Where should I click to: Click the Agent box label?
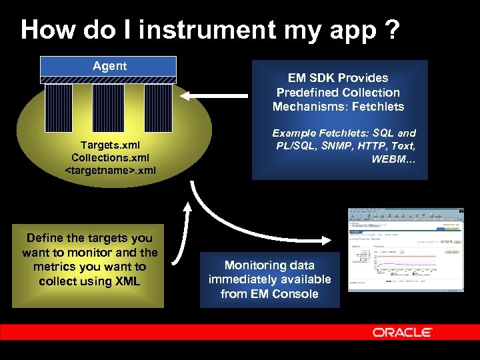click(x=109, y=66)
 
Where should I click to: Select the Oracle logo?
click(x=402, y=332)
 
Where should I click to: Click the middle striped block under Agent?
click(x=108, y=108)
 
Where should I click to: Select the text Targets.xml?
click(x=109, y=145)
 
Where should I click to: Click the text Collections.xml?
click(x=109, y=157)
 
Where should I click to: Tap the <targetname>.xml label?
click(x=109, y=170)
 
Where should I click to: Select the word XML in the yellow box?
click(x=127, y=281)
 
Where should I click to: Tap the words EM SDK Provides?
click(x=339, y=77)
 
